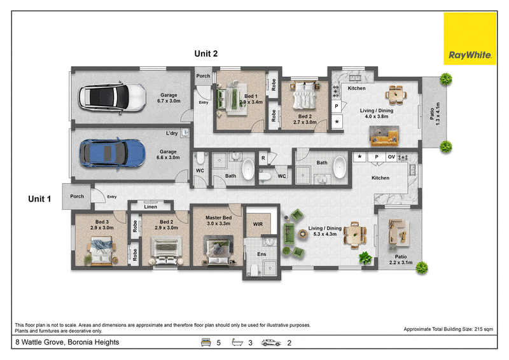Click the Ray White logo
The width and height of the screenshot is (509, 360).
(x=470, y=39)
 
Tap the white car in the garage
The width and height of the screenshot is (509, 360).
(x=112, y=97)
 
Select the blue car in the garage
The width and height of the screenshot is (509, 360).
(x=113, y=153)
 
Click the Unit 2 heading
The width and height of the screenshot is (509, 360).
(x=206, y=53)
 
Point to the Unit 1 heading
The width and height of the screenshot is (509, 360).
(x=39, y=198)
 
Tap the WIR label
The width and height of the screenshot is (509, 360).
(x=258, y=224)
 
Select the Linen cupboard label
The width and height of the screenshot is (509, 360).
(x=150, y=207)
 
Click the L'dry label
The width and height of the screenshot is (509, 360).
(x=172, y=133)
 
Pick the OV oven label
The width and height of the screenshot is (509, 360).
(x=391, y=157)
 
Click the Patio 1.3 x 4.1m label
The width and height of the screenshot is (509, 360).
(x=435, y=114)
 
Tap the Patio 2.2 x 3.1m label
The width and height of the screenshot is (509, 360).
(x=401, y=260)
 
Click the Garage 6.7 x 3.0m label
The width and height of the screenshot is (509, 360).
(x=169, y=98)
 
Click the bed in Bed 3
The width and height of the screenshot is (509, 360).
(x=102, y=250)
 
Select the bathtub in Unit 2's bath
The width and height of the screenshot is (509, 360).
(x=340, y=167)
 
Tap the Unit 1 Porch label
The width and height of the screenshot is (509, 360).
(x=77, y=196)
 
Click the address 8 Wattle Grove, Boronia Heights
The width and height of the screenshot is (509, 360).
(x=67, y=342)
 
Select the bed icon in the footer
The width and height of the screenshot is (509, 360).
(x=206, y=342)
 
